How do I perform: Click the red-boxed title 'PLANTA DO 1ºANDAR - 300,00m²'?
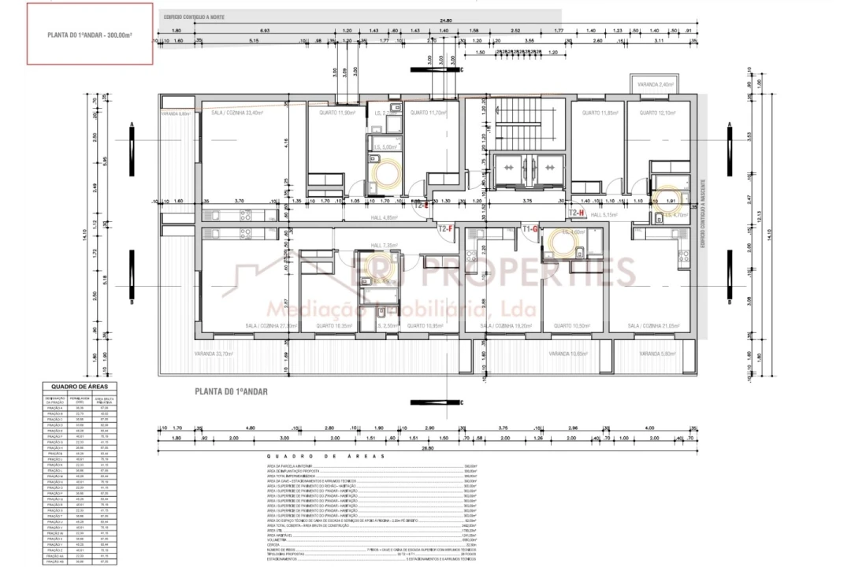click(88, 35)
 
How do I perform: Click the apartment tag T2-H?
click(576, 213)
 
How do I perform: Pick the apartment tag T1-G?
click(530, 228)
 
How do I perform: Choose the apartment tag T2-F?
click(446, 228)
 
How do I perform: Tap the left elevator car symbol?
click(508, 167)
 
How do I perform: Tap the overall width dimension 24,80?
click(446, 20)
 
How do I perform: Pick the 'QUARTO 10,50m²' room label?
click(572, 325)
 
